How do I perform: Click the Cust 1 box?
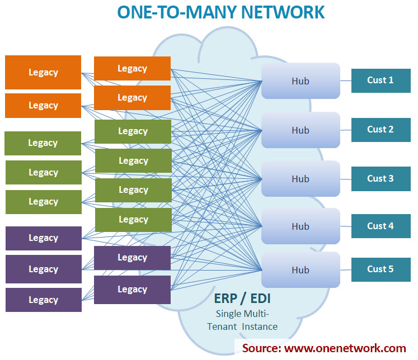coord(381,80)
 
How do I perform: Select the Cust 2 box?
coord(381,130)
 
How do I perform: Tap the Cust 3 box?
coord(381,179)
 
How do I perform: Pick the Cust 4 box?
coord(381,226)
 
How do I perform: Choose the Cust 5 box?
coord(381,269)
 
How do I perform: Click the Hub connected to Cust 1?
coord(300,80)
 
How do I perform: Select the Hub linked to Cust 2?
coord(300,130)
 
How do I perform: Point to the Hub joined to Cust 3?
coord(300,179)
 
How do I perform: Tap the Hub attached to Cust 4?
coord(300,226)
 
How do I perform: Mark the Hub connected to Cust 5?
coord(300,270)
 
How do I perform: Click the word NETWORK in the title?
coord(283,12)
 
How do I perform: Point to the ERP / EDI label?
coord(242,299)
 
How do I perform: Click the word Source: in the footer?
coord(261,348)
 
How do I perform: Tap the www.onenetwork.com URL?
coord(345,348)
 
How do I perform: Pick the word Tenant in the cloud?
coord(222,326)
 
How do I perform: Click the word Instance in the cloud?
coord(260,326)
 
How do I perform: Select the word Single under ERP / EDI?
coord(228,314)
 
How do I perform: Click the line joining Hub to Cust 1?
coord(346,80)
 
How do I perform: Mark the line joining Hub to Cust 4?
coord(346,226)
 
